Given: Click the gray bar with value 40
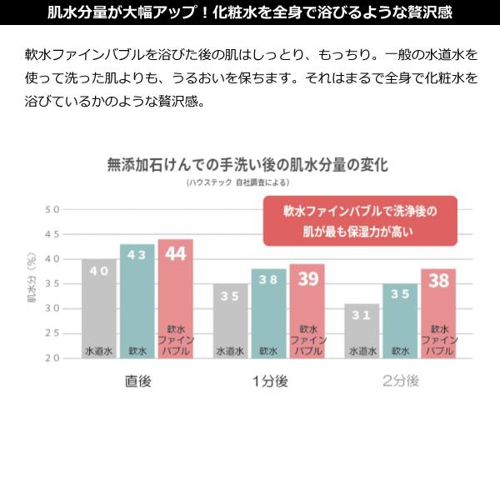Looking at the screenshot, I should (99, 308).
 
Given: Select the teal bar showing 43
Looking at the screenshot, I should (137, 301).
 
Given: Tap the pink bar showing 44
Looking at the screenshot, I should (175, 298).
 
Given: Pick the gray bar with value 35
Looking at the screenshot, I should (231, 321).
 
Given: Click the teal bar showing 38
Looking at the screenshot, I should (268, 313).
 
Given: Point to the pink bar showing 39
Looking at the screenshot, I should (307, 311).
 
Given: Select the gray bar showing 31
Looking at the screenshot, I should (362, 331).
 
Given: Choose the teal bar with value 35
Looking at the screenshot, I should (400, 321).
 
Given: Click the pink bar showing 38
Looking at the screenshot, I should (438, 313).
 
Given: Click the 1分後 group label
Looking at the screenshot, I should (268, 382).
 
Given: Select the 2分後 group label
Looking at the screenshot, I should (400, 382).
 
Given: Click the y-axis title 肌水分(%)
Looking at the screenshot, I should (32, 283).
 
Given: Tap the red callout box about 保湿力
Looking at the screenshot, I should (360, 221).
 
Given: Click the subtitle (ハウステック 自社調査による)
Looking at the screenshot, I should (248, 182).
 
